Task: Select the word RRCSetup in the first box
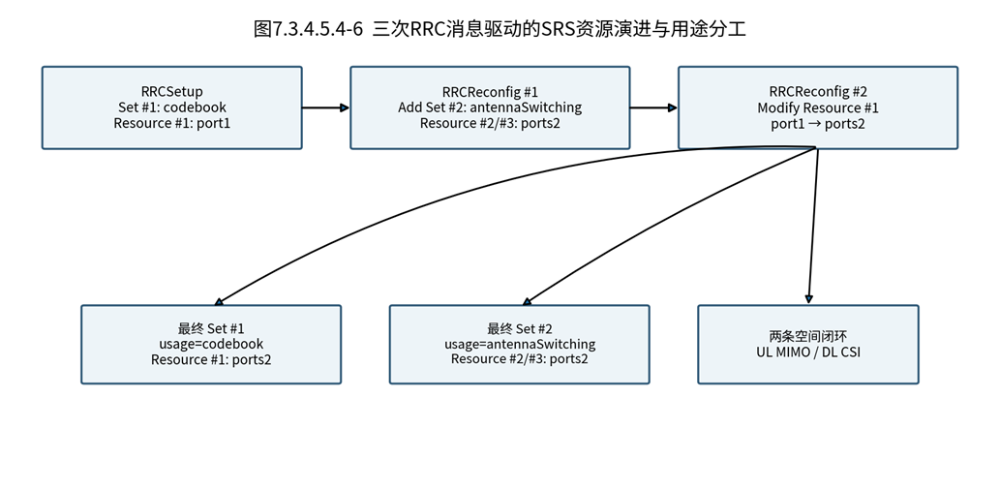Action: [172, 92]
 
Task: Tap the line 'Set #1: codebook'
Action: [172, 107]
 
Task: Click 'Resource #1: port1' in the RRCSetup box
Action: [172, 122]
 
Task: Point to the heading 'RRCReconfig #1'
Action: [490, 92]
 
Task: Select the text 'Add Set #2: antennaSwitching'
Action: [490, 107]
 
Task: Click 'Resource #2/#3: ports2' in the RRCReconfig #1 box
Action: [490, 122]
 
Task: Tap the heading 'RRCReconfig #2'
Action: [818, 92]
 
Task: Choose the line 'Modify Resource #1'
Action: [818, 107]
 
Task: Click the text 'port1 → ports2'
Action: [818, 122]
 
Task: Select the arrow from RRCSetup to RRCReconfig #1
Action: [326, 107]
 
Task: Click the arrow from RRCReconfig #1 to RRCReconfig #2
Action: [653, 107]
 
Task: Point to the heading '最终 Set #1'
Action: [211, 329]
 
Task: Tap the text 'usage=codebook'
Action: [211, 344]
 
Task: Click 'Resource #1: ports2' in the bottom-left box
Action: [211, 359]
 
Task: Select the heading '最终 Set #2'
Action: [520, 329]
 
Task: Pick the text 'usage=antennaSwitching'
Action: [520, 344]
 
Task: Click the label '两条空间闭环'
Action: [808, 336]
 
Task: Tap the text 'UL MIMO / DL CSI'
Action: [808, 352]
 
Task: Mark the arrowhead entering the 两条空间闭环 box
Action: [808, 299]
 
